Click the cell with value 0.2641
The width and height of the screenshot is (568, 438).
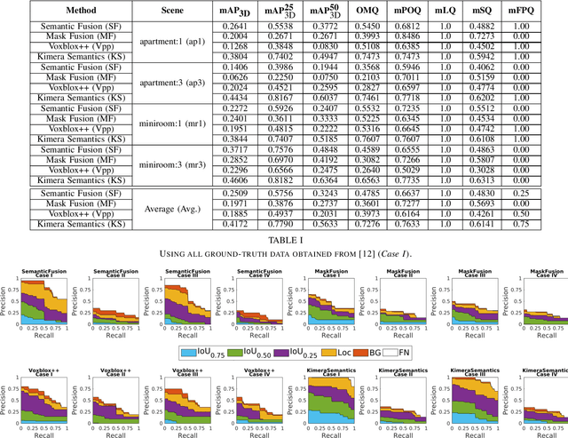[x=209, y=25]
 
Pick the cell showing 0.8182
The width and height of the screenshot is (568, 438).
[x=256, y=179]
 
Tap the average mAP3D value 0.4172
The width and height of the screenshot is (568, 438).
[x=209, y=224]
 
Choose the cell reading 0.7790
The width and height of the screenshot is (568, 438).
[x=256, y=224]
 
